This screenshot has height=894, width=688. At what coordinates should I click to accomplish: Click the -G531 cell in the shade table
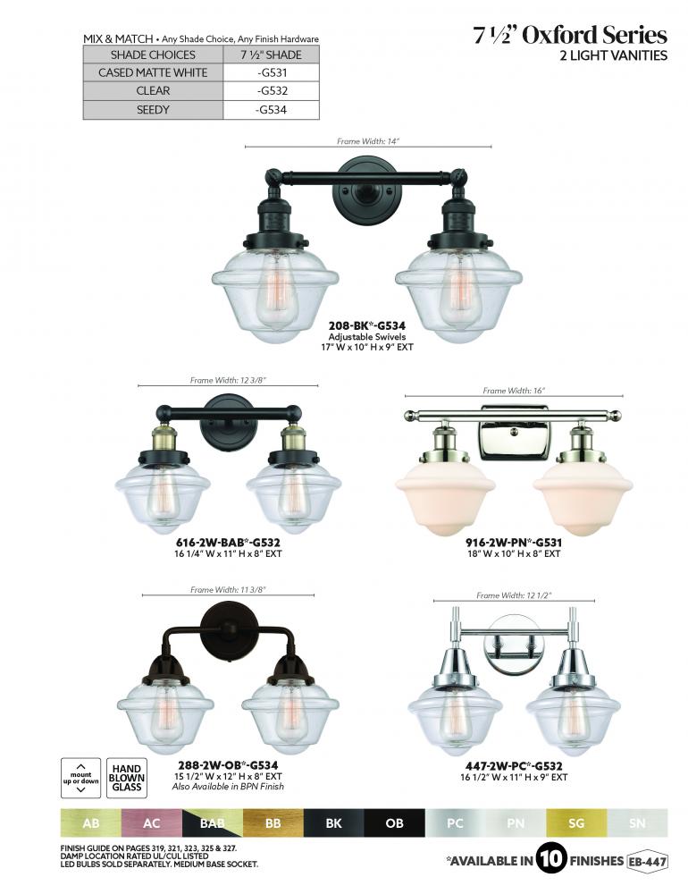pos(272,72)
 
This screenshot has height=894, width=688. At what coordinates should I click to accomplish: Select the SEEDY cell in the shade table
pos(153,109)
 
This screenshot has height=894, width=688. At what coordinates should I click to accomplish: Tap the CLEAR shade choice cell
pos(153,90)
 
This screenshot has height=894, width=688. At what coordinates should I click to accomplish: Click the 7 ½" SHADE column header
pos(272,55)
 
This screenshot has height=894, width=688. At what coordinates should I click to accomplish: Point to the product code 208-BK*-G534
pos(367,326)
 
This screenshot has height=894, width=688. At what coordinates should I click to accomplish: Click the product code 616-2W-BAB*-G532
pos(228,543)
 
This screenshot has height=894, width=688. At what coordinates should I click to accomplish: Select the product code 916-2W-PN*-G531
pos(514,543)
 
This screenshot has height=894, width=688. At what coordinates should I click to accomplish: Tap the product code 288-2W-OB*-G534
pos(228,765)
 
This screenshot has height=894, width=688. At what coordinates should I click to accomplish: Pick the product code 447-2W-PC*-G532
pos(514,766)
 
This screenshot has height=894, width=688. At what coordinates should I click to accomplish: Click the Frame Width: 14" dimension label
pos(368,141)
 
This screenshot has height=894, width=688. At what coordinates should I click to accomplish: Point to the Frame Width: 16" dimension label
pos(514,391)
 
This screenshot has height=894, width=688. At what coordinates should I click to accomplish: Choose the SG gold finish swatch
pos(576,822)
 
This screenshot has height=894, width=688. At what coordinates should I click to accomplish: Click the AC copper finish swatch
pos(152,822)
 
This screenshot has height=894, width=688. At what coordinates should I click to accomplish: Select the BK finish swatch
pos(333,822)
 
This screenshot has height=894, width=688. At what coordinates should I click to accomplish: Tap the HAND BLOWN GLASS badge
pos(127,778)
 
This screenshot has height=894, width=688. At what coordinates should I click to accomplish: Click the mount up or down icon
pos(81,778)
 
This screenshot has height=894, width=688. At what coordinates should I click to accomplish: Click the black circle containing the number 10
pos(551,858)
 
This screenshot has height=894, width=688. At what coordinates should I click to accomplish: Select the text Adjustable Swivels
pos(367,336)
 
